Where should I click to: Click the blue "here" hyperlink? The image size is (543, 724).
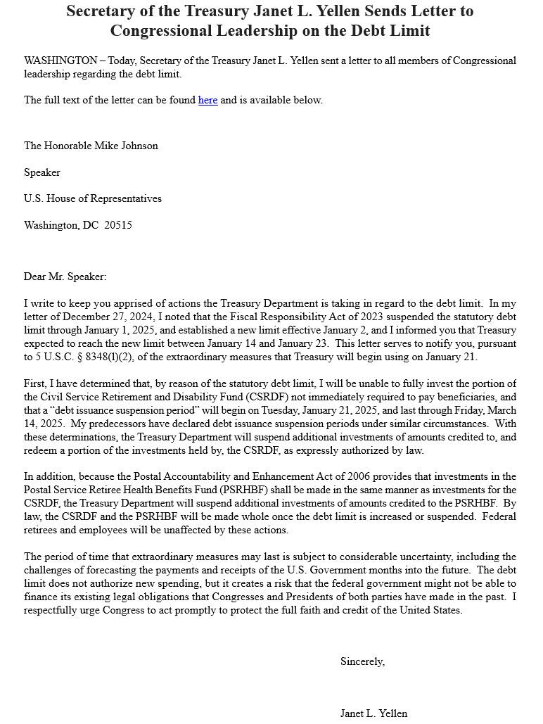207,100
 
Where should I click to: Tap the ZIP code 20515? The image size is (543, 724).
118,225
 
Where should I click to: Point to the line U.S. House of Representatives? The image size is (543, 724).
93,198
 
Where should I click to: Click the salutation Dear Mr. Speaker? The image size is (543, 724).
65,277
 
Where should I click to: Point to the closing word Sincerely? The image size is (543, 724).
362,661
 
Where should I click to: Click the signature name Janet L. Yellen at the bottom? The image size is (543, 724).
373,713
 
